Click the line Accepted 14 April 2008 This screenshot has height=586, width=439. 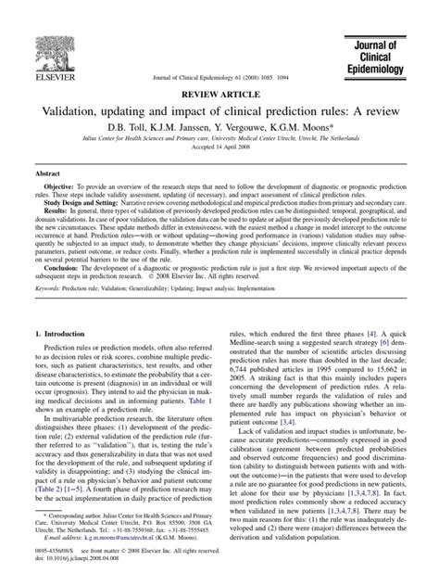219,151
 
